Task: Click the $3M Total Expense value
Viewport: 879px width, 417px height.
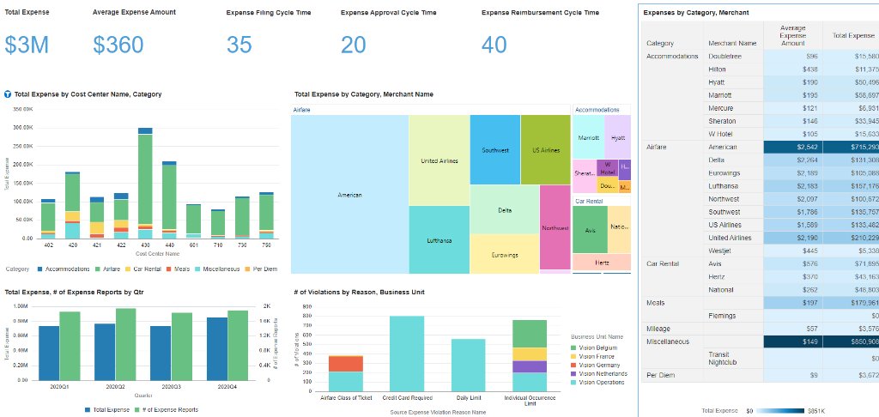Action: [x=27, y=45]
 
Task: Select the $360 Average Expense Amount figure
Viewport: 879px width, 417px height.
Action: [x=118, y=45]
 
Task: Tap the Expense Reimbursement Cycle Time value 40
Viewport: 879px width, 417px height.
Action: [x=494, y=45]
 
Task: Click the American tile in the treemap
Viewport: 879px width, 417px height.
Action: [x=349, y=195]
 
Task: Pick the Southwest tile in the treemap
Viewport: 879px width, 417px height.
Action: [x=495, y=150]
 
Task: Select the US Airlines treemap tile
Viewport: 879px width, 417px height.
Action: [x=545, y=150]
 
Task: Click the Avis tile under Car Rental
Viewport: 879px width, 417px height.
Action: [x=590, y=230]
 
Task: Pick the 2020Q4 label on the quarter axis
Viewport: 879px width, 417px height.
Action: [x=227, y=387]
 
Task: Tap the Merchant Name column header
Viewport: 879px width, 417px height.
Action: [x=732, y=43]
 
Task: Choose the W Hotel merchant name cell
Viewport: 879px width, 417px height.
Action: [x=722, y=134]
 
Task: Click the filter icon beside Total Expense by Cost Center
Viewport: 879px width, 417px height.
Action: [x=8, y=94]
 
